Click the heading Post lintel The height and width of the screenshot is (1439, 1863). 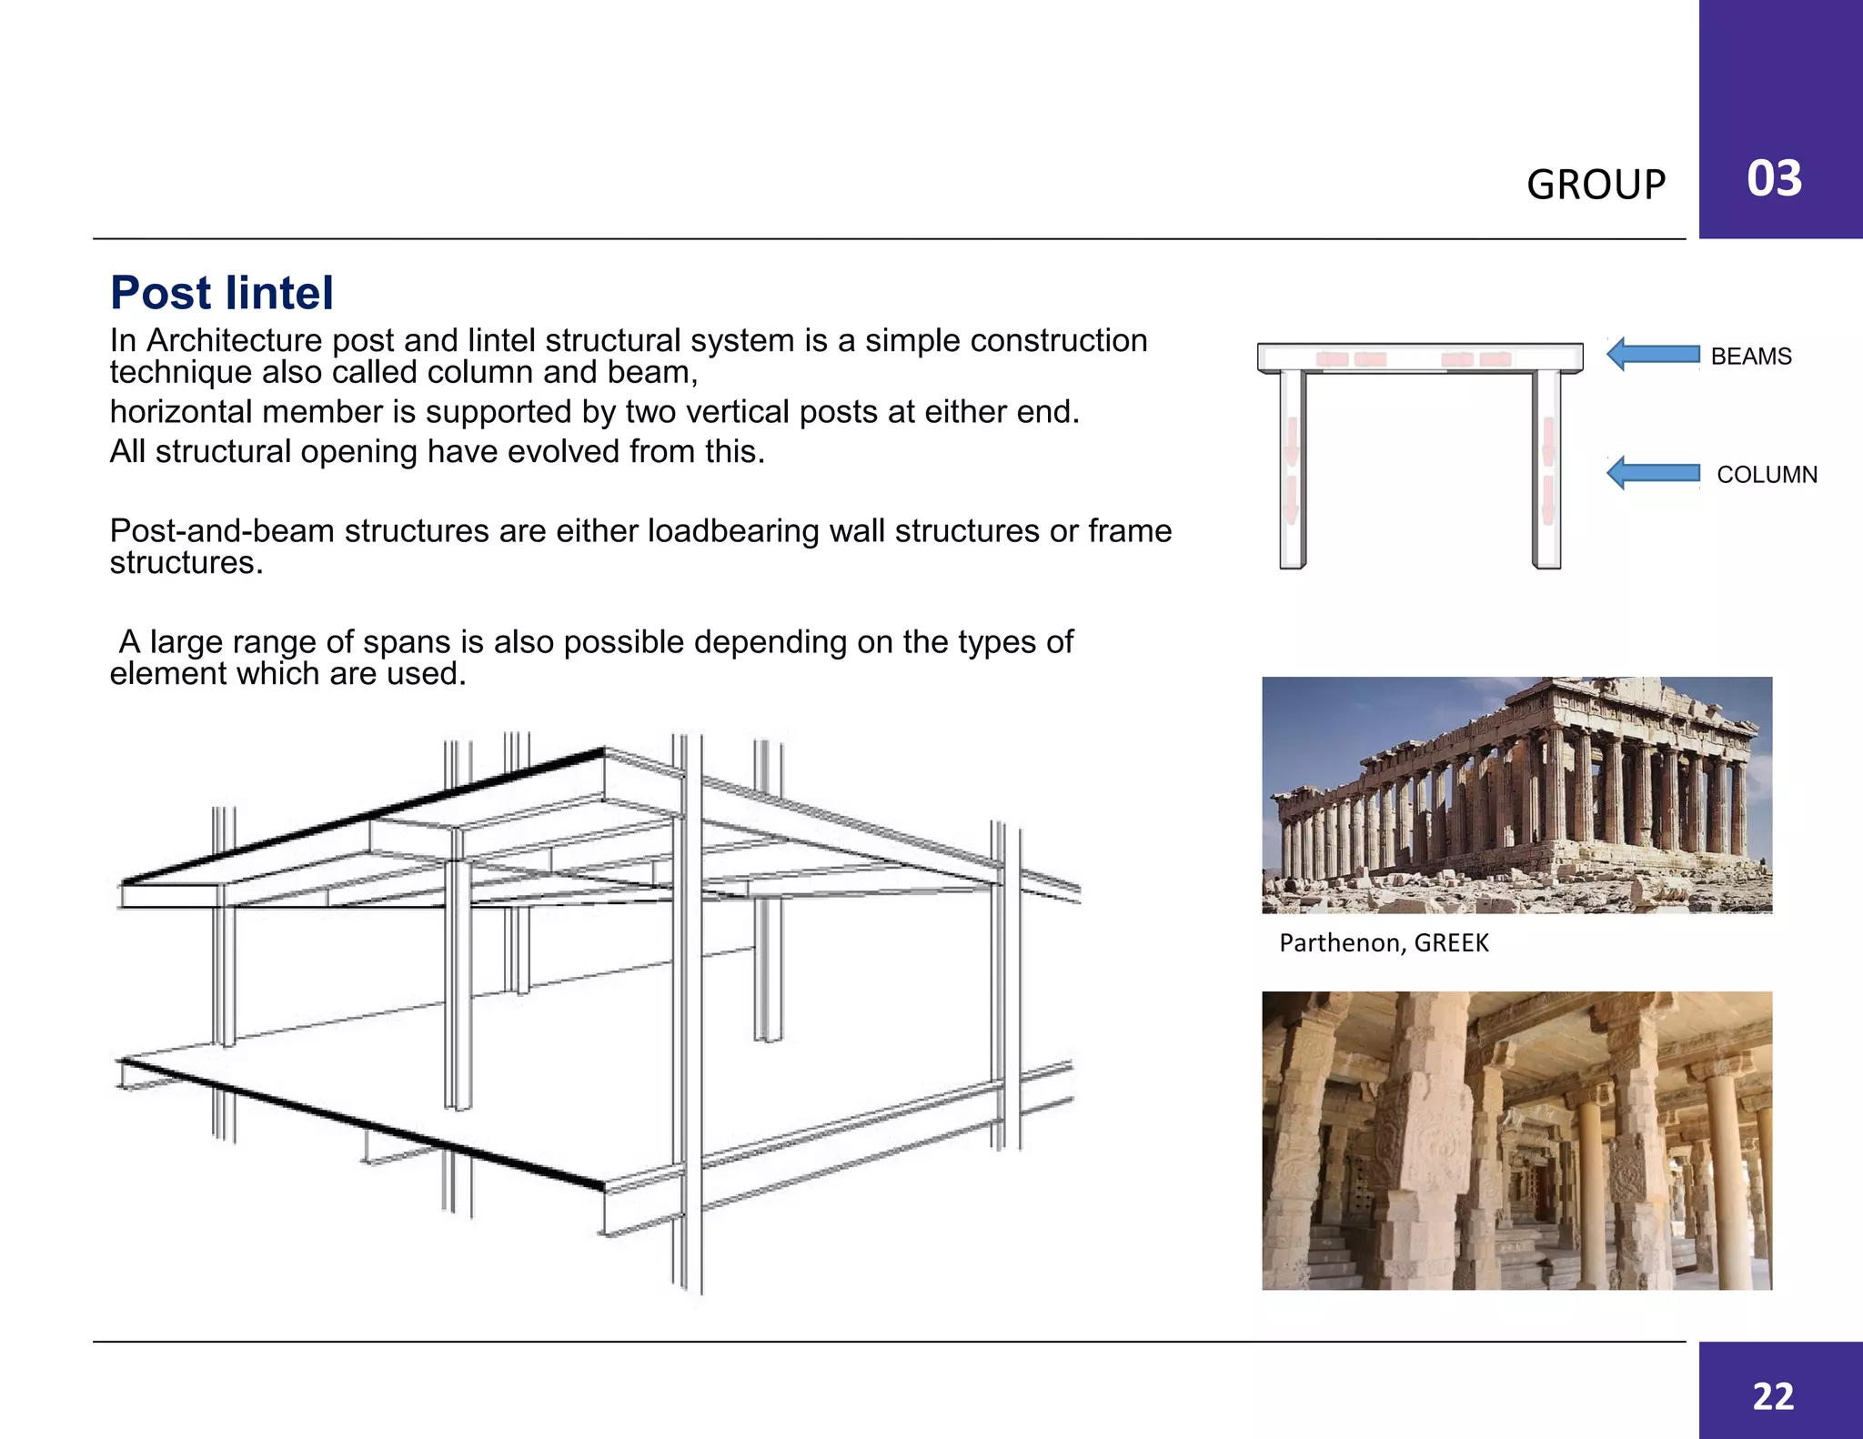coord(222,293)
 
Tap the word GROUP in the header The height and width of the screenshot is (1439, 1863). coord(1596,185)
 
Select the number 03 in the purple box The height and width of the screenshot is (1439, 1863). coord(1774,178)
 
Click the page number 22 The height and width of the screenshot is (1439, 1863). coord(1773,1396)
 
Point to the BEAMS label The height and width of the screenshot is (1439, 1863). coord(1750,357)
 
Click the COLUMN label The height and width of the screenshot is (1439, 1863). coord(1767,475)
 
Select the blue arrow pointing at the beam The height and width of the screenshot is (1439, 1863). coord(1652,354)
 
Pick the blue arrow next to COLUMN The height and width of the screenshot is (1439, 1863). coord(1652,473)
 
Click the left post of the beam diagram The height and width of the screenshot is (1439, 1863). coord(1292,468)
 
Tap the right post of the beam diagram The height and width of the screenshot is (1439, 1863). coord(1546,468)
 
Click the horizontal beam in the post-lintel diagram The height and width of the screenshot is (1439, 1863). coord(1419,357)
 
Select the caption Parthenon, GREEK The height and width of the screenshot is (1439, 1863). coord(1384,943)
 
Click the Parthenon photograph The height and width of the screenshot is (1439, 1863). coord(1516,795)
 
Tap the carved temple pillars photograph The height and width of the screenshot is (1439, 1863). coord(1516,1141)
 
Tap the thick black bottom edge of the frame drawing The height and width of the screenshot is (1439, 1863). coord(364,1124)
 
